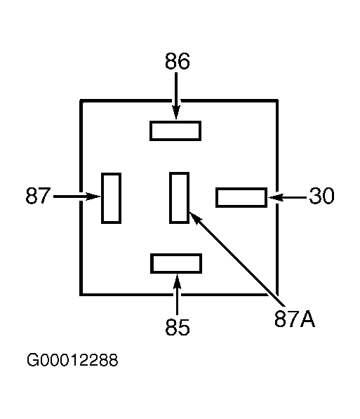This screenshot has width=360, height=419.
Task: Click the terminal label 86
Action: click(x=178, y=61)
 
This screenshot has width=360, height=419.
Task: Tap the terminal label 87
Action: click(x=38, y=195)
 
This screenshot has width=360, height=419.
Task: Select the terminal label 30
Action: click(x=321, y=196)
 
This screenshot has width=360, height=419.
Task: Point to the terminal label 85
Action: click(x=178, y=327)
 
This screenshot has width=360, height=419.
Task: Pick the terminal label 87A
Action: click(x=295, y=319)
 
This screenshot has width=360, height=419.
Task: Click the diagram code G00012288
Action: click(x=72, y=359)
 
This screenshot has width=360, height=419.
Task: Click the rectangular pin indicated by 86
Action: click(x=175, y=131)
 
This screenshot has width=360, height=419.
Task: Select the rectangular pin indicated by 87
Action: click(x=111, y=198)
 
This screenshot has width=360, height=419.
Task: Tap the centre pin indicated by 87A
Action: click(x=180, y=197)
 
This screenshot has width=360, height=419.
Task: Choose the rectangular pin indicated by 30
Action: click(x=241, y=197)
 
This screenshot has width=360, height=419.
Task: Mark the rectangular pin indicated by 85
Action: click(x=176, y=263)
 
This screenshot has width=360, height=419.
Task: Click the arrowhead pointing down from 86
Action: click(x=176, y=112)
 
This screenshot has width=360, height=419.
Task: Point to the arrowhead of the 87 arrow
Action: click(x=93, y=197)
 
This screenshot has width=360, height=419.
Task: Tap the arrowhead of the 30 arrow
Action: click(x=276, y=197)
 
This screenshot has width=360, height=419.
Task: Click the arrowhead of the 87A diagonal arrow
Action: click(x=195, y=218)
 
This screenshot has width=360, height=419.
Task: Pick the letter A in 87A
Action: click(x=308, y=319)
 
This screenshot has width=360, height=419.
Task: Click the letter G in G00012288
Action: click(x=32, y=359)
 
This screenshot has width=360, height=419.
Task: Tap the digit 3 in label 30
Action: click(x=315, y=196)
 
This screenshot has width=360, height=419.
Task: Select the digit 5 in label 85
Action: click(x=184, y=327)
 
